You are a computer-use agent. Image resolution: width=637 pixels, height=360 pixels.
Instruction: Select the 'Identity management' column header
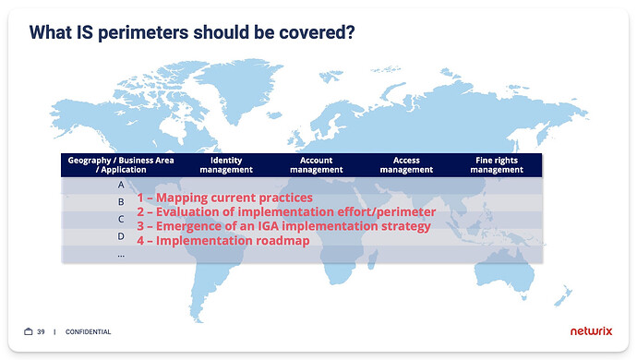click(225, 164)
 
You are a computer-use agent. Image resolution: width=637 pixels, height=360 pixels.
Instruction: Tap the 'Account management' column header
click(316, 164)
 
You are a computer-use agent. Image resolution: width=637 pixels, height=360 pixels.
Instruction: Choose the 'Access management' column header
click(406, 164)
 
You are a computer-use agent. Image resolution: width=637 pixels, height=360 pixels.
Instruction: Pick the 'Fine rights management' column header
click(497, 164)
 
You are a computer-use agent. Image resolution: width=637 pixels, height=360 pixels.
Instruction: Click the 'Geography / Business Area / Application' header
click(121, 164)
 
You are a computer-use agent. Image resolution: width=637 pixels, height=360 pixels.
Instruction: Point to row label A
click(121, 185)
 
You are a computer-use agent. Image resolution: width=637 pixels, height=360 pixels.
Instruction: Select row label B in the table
click(121, 202)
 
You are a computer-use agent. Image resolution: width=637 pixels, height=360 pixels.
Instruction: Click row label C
click(121, 219)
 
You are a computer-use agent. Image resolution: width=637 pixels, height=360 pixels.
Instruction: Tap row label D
click(121, 236)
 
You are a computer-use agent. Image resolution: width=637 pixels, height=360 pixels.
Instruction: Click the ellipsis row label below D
click(121, 253)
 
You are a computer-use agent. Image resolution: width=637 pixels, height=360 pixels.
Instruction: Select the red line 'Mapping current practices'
click(225, 198)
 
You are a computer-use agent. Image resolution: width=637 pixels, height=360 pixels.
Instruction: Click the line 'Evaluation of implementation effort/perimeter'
click(286, 211)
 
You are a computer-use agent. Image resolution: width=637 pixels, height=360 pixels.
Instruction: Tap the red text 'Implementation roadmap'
click(222, 241)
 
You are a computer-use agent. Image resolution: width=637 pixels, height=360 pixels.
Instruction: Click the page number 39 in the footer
click(41, 331)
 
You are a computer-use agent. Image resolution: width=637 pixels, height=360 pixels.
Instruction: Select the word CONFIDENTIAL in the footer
click(89, 331)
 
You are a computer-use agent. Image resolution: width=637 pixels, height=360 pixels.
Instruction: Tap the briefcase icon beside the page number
click(29, 331)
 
